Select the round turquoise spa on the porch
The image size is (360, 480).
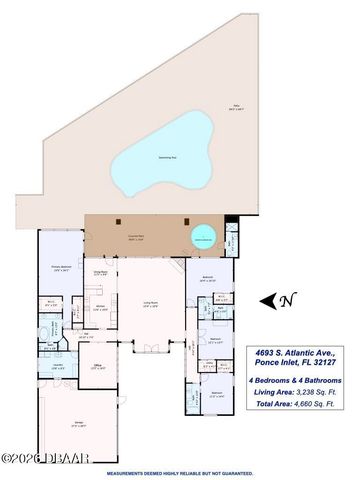tap(205, 238)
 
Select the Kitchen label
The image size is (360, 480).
tap(100, 307)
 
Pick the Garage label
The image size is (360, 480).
tap(77, 424)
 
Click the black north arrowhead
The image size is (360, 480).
tap(265, 300)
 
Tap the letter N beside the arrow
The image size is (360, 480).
tap(287, 299)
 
